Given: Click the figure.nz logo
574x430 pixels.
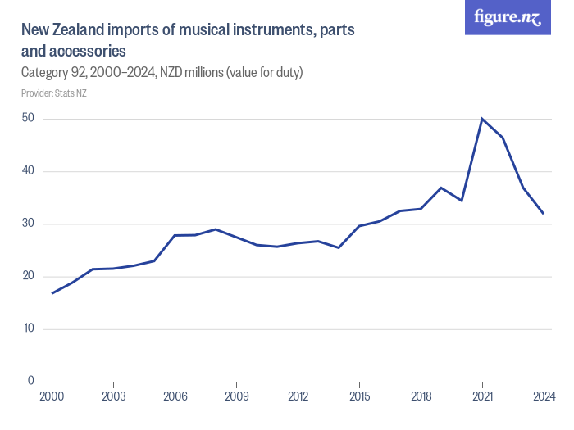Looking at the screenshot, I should tap(508, 17).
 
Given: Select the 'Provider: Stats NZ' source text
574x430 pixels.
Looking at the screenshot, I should tap(54, 93).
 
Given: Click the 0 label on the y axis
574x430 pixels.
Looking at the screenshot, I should tap(30, 381).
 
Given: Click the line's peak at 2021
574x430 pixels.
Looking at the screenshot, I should tap(482, 119).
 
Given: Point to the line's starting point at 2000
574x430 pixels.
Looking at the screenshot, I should tap(52, 293).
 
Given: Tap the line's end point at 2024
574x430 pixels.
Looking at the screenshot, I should tap(544, 214).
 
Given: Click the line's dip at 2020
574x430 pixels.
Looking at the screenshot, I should tap(462, 201).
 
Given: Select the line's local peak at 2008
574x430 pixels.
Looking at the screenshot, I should tap(216, 229).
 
